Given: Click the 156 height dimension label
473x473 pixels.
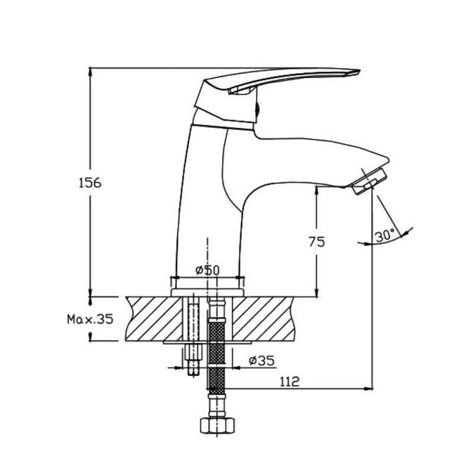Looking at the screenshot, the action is click(90, 183).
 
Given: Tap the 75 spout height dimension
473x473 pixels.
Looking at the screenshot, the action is click(317, 242).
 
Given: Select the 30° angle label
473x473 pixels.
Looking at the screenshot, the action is click(385, 235).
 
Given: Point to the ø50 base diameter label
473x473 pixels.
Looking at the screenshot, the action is click(208, 270).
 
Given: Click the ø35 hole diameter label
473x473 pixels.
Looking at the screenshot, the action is click(262, 360).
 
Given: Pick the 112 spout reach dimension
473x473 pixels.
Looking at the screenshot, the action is click(290, 381).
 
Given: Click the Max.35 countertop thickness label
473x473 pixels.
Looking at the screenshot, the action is click(90, 319).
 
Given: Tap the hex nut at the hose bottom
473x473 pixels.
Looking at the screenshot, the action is click(217, 425).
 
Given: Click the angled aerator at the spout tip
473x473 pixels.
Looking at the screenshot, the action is click(370, 182).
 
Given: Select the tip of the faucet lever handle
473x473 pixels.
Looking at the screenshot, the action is click(359, 71).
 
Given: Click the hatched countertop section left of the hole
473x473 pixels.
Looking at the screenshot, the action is click(154, 319).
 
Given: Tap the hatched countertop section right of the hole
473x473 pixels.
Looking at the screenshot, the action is click(263, 319).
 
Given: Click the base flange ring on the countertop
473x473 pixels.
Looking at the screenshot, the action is click(208, 293).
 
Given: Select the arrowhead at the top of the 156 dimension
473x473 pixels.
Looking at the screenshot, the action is click(90, 72).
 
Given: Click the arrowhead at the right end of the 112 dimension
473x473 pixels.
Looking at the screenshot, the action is click(368, 389).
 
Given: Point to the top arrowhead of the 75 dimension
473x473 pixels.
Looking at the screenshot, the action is click(317, 190).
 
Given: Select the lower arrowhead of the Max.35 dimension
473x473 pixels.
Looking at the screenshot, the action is click(90, 336).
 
